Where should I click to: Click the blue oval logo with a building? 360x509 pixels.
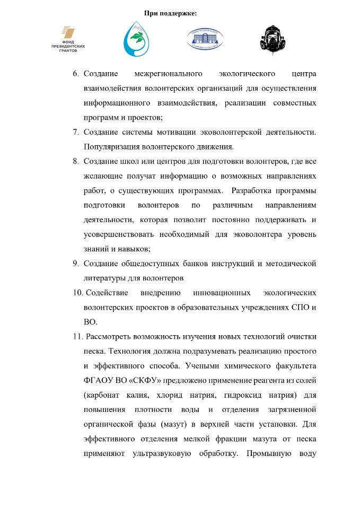(204, 39)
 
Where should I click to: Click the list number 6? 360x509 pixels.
(76, 73)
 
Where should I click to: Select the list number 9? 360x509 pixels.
(76, 263)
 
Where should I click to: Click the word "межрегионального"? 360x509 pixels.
(169, 73)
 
